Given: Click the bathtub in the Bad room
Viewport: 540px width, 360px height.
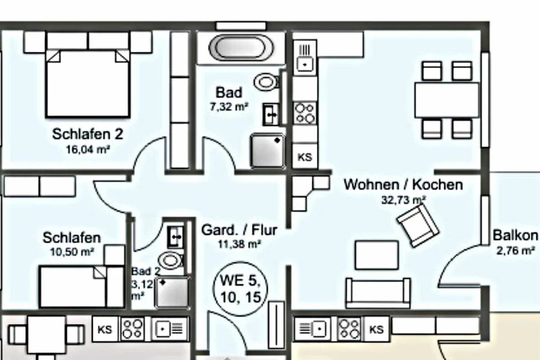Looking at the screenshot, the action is pos(241,48).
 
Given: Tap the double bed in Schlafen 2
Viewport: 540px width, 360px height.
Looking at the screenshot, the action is pos(88,83).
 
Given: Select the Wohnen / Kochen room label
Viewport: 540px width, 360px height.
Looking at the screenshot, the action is pos(403,184).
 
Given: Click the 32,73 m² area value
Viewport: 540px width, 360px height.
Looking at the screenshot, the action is pos(403,200).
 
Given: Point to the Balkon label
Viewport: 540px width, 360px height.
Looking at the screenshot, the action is pos(515,235).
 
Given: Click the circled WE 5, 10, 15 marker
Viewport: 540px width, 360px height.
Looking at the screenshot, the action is pos(240,288).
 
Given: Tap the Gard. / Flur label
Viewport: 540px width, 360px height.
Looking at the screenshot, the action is pos(239,230).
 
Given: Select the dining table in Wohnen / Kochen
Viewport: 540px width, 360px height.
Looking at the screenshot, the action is pos(447,100).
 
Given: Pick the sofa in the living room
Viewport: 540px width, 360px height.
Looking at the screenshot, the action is pos(378,293).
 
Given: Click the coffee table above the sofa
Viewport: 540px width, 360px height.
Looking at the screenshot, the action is pos(377,255).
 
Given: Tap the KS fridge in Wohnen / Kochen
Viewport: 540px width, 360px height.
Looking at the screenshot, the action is pos(305,157).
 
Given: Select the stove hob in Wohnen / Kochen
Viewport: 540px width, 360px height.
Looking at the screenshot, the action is pos(305,113).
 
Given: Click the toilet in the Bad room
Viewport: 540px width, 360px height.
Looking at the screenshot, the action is pos(266,82).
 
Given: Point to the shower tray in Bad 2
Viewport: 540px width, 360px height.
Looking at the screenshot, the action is pos(172,292).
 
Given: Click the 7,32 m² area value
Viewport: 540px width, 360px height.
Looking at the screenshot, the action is pos(229,107).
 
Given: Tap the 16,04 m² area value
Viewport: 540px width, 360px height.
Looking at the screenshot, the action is pos(88,149).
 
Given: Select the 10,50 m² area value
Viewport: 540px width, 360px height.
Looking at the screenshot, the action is pos(72,252).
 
